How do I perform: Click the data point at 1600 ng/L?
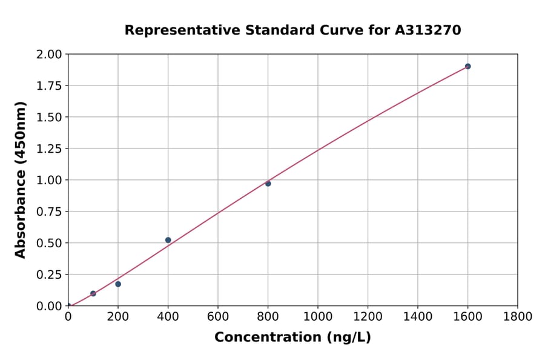point(467,66)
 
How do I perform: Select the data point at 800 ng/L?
point(268,183)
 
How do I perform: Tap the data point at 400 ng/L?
point(168,240)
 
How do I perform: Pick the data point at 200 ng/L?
point(118,284)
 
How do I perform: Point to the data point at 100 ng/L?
point(93,293)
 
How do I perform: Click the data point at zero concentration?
point(68,306)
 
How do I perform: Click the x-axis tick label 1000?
point(318,316)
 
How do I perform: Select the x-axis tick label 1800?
point(518,316)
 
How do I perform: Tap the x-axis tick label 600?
point(218,316)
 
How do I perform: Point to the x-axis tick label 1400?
point(418,316)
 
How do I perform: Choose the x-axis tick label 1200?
point(368,316)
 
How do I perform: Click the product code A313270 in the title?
point(428,30)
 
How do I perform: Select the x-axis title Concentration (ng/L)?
point(292,338)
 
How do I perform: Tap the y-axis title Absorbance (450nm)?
point(21,180)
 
